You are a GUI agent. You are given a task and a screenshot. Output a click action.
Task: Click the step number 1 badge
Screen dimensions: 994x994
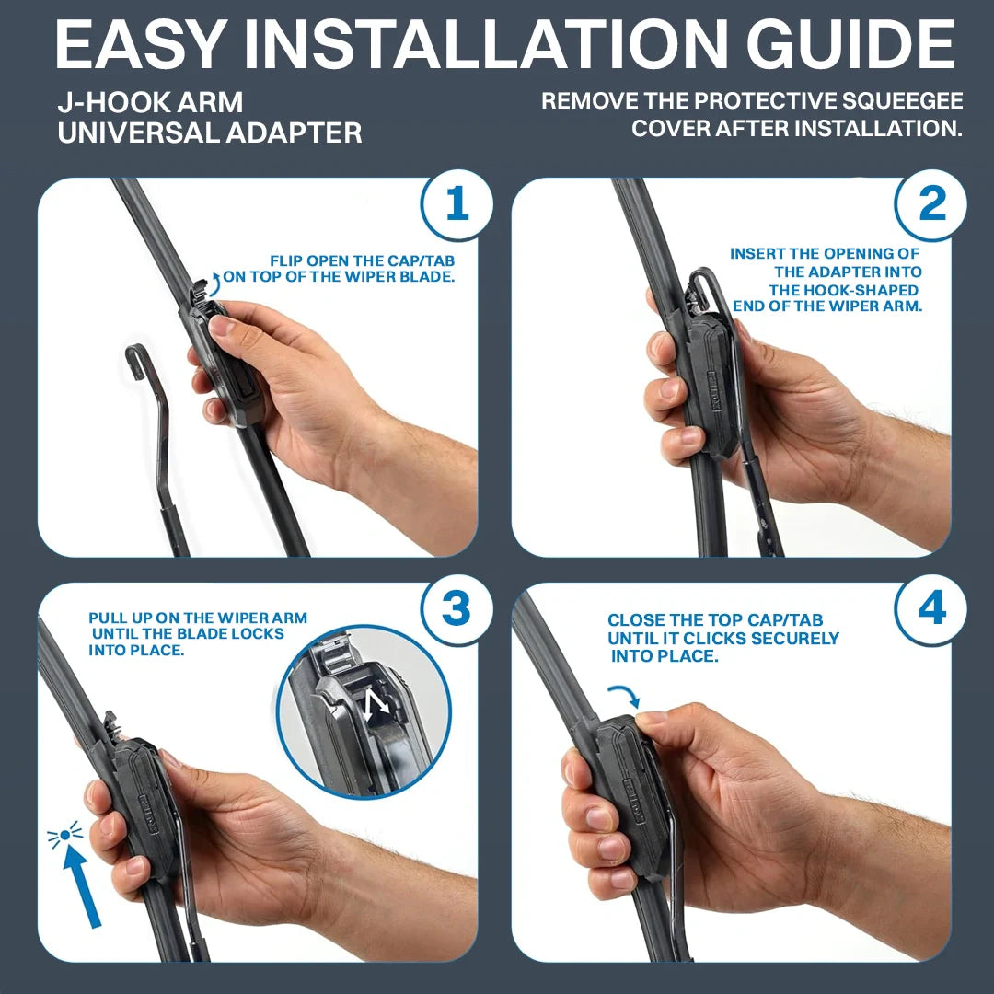point(457,204)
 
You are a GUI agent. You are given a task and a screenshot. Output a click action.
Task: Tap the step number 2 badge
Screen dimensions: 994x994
point(931,204)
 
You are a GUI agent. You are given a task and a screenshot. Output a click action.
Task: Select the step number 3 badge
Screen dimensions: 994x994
point(457,609)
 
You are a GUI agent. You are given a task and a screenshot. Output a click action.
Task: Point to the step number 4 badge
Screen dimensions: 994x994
point(931,609)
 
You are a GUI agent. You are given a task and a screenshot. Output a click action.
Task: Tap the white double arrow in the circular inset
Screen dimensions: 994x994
point(376,707)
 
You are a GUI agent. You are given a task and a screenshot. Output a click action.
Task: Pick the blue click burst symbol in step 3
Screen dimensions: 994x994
point(64,836)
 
